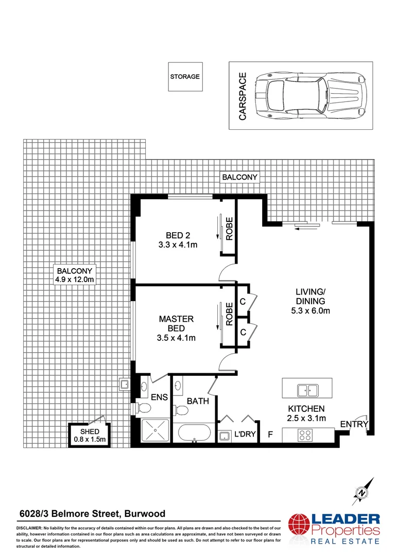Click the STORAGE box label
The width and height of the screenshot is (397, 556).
pos(185,77)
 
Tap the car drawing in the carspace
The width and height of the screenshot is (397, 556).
pos(311,96)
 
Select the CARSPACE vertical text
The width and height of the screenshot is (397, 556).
pos(243,96)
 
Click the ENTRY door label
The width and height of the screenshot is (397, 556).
pos(354,424)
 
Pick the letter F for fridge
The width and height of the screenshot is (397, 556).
pos(270,435)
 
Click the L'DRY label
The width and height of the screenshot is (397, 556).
pos(245,435)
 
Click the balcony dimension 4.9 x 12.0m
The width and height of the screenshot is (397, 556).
pos(75,280)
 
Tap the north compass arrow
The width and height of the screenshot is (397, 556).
pos(364,491)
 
